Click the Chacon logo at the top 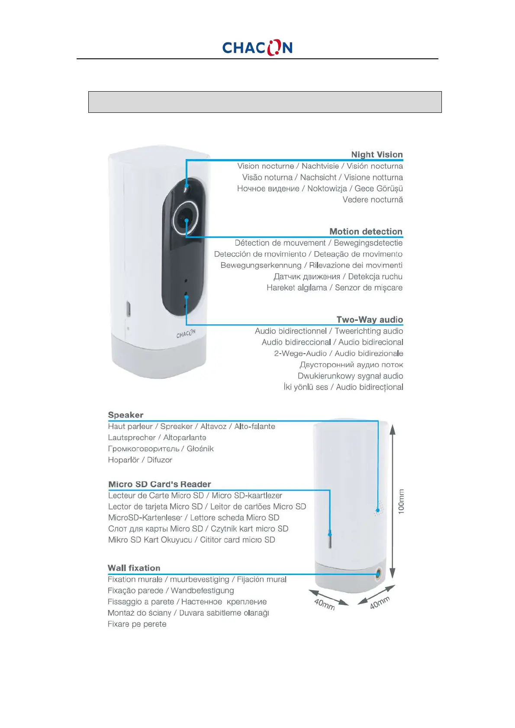(x=257, y=48)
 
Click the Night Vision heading (x=377, y=155)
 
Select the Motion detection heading (x=366, y=232)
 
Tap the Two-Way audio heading (x=370, y=320)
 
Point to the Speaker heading (x=126, y=415)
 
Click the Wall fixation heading (x=134, y=568)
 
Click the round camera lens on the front (x=186, y=217)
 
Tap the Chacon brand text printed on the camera (x=186, y=333)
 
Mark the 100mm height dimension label (x=402, y=501)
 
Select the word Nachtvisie (x=320, y=166)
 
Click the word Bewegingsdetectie (x=368, y=243)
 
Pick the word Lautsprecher (x=132, y=437)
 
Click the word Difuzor (x=159, y=460)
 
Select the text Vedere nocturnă (x=373, y=200)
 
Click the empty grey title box (x=265, y=102)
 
